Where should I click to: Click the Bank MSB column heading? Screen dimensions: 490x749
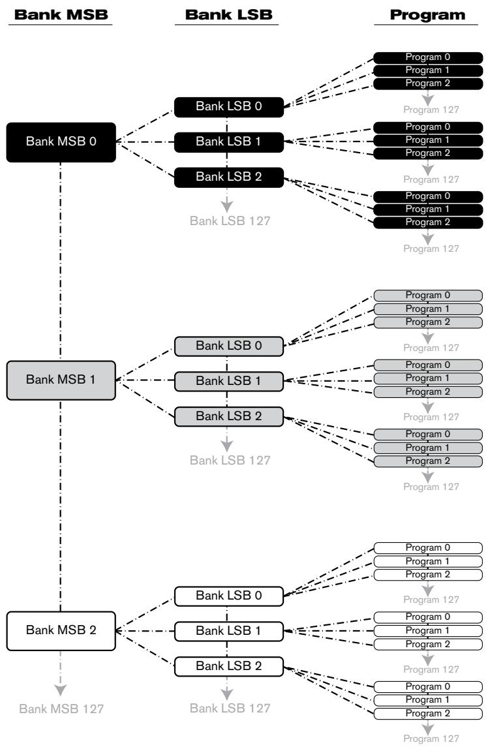pos(61,14)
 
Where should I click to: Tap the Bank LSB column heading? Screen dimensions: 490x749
pos(229,14)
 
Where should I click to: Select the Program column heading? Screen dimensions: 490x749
pos(427,15)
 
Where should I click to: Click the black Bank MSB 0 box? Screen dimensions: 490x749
pos(61,142)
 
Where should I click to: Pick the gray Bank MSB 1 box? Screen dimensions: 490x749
pos(61,380)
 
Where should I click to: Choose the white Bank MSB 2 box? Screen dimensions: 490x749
pos(61,631)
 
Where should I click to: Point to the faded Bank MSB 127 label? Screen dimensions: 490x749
pos(61,709)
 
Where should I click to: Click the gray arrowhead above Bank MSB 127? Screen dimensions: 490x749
pos(60,690)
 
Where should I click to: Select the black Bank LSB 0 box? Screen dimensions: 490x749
pos(229,107)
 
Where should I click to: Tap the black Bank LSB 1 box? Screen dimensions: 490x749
pos(229,142)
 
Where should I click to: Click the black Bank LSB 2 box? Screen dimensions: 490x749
pos(229,177)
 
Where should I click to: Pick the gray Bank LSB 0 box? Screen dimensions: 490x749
pos(229,346)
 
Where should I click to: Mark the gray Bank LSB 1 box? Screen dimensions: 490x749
pos(229,382)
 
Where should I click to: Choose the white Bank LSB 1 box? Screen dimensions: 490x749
pos(229,632)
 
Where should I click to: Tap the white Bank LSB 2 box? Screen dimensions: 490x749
pos(229,667)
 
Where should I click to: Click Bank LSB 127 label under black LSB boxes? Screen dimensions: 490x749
pos(230,221)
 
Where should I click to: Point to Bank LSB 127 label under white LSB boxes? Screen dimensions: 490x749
pos(230,709)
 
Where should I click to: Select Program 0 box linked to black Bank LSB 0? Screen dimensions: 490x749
pos(428,57)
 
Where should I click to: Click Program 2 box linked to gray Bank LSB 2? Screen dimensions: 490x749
pos(428,461)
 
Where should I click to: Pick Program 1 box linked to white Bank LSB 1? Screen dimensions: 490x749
pos(428,631)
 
